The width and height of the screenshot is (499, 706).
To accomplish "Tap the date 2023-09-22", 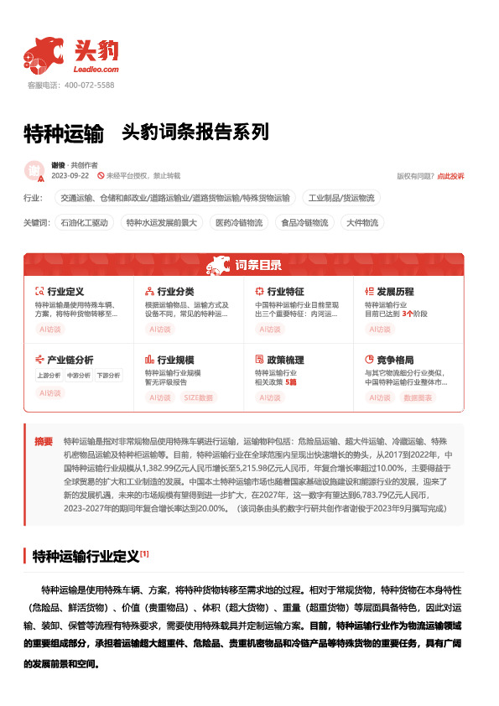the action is point(70,176).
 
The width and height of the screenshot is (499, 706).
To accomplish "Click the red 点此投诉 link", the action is point(450,176).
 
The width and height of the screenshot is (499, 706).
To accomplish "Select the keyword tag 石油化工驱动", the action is point(85,222).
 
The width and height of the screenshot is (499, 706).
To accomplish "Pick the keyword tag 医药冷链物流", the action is point(238,222).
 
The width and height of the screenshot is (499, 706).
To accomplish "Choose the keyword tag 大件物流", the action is point(361,222).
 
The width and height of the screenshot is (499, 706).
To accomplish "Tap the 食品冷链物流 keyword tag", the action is point(305,222).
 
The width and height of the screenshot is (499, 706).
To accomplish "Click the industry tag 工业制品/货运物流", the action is point(341,198).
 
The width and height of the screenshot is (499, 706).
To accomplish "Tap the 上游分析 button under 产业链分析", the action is point(49,376).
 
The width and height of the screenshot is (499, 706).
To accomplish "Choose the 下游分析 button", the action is point(107,376).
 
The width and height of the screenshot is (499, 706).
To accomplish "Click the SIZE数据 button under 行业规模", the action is point(198,397).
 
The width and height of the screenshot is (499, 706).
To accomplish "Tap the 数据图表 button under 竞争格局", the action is point(418,397).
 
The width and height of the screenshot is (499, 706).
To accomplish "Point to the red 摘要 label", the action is point(44,440).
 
